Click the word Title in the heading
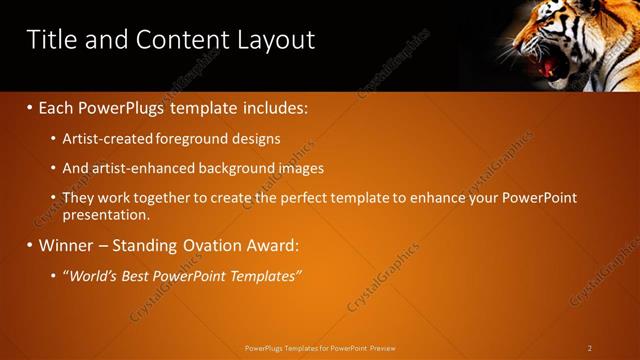[x=49, y=39]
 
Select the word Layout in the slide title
[x=275, y=40]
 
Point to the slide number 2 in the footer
[x=590, y=348]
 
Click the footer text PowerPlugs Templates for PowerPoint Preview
[x=320, y=348]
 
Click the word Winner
[x=70, y=245]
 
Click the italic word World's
[x=94, y=275]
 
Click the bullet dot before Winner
[x=29, y=245]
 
